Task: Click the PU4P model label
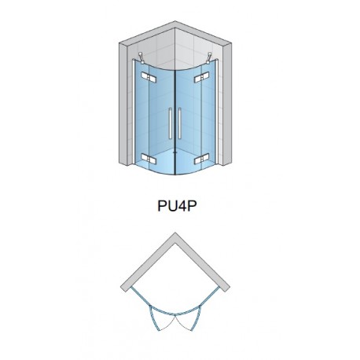[x=177, y=206]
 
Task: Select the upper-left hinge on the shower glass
[x=149, y=77]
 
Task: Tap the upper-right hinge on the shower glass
[x=202, y=77]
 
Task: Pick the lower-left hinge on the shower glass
[x=149, y=159]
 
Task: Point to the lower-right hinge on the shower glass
[x=202, y=159]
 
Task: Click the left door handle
[x=170, y=123]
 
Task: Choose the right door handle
[x=180, y=123]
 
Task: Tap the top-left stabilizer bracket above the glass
[x=141, y=58]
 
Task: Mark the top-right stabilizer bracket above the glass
[x=209, y=58]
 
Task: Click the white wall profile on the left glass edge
[x=134, y=112]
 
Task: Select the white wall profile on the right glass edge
[x=217, y=112]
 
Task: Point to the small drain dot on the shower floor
[x=175, y=151]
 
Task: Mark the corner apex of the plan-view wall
[x=175, y=233]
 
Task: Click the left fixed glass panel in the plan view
[x=141, y=296]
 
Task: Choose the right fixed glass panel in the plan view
[x=210, y=296]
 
